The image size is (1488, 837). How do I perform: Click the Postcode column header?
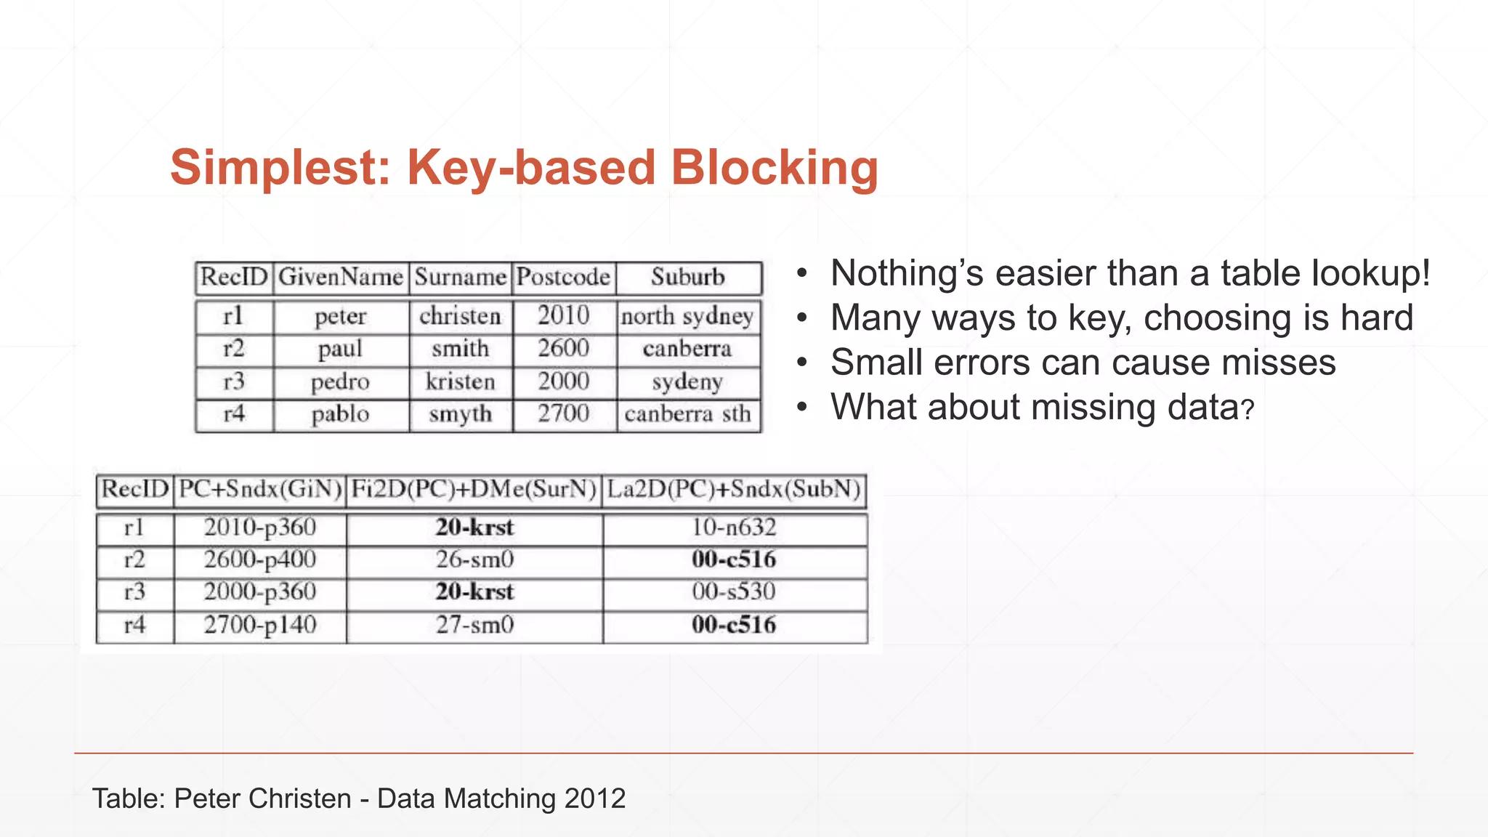(563, 277)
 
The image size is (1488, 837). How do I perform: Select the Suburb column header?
(687, 277)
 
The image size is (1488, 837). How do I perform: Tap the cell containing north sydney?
(687, 316)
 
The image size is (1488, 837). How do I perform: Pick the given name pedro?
(340, 381)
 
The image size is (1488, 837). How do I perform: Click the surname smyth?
(460, 414)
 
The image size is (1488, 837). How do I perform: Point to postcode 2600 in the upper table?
(563, 349)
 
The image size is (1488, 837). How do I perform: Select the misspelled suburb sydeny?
(687, 381)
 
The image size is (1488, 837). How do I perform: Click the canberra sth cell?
(687, 414)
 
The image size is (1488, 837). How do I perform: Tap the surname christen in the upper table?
(460, 316)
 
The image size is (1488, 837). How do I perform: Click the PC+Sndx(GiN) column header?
(260, 489)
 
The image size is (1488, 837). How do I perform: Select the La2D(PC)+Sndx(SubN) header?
(734, 489)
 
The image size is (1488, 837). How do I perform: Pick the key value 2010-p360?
(260, 527)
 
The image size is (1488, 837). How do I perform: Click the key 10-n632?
(734, 527)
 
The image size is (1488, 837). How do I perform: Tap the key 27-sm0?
(474, 625)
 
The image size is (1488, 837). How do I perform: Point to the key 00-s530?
(734, 591)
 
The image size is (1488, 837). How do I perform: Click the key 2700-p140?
(260, 625)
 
